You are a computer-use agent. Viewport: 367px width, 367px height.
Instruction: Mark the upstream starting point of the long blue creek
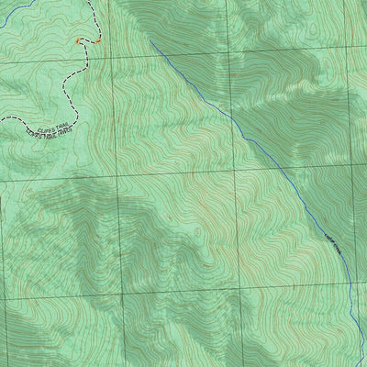150,41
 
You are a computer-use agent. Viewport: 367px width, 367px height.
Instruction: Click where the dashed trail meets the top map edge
93,1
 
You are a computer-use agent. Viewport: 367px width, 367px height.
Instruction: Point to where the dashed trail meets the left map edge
1,120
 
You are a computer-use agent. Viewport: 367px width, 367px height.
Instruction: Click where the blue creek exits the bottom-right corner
358,365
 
